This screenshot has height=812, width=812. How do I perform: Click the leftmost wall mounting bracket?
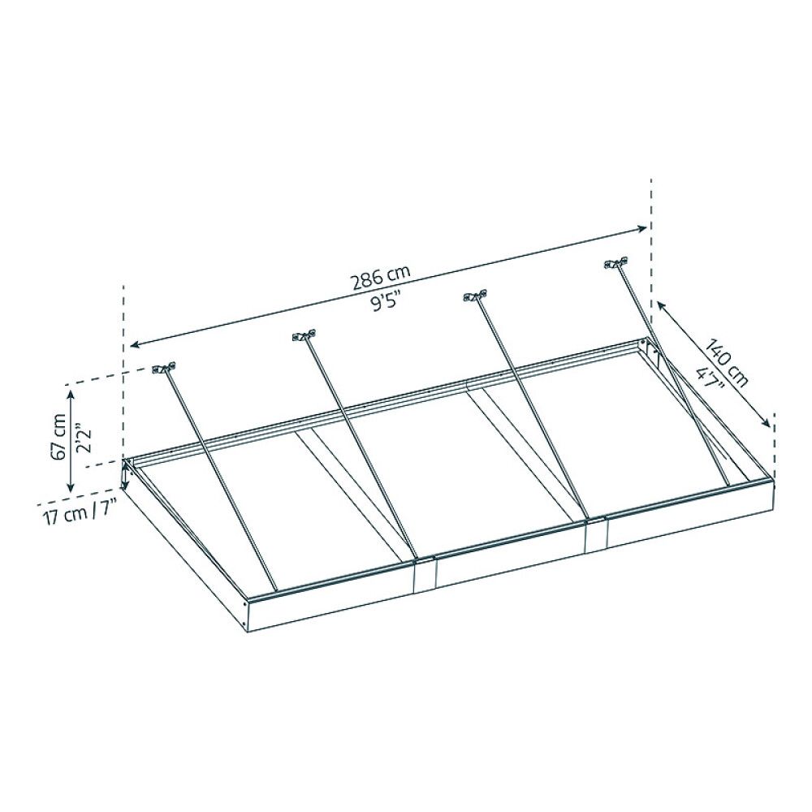coord(164,368)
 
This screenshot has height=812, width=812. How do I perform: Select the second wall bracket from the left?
coord(304,335)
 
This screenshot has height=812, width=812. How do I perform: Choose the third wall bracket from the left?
coord(475,296)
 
